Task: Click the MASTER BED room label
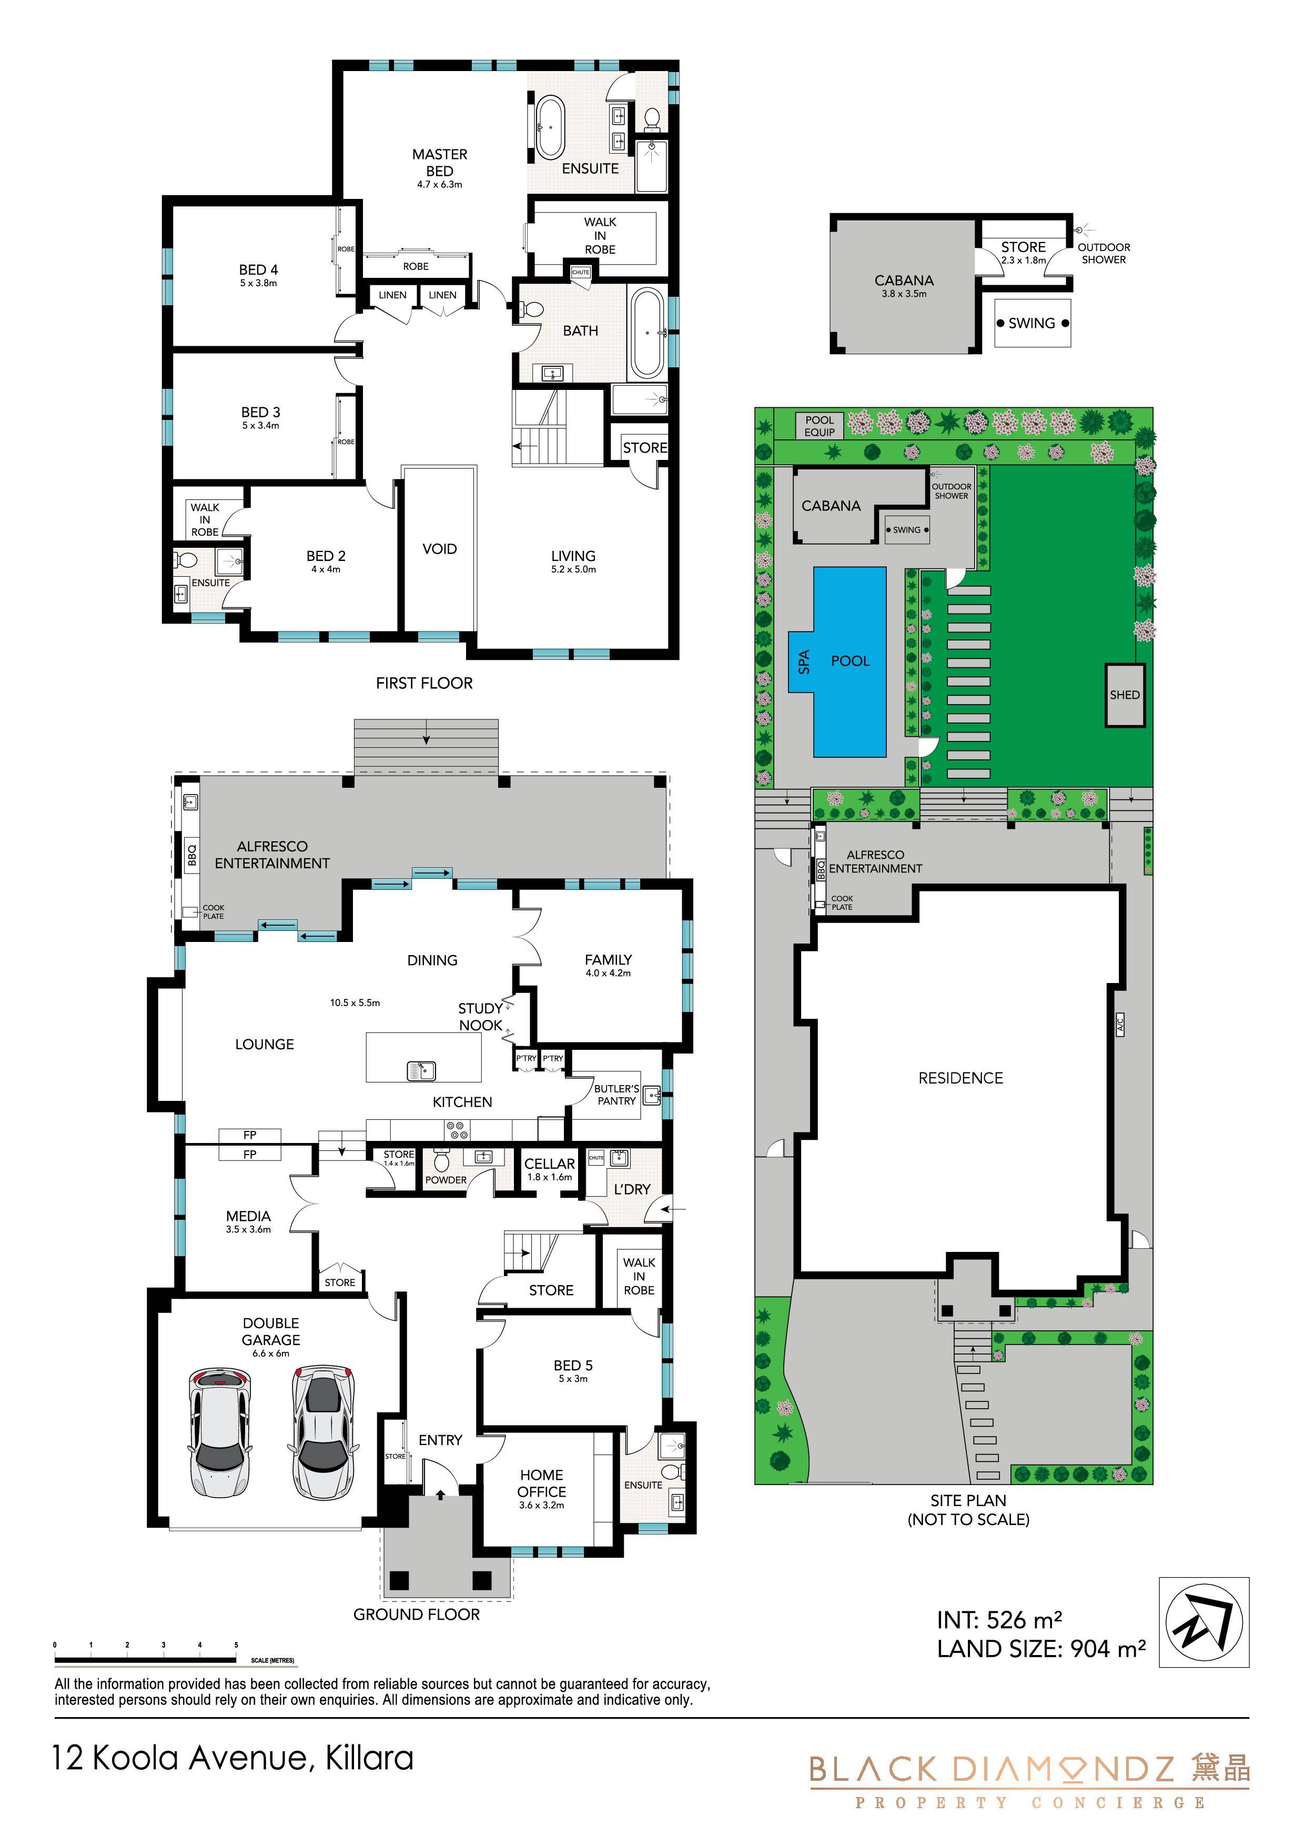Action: (x=439, y=162)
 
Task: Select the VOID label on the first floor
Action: (x=439, y=549)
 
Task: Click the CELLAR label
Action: (x=550, y=1164)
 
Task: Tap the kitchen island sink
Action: (x=422, y=1071)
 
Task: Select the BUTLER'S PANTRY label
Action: (x=617, y=1095)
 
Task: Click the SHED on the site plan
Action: (x=1125, y=695)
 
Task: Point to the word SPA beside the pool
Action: (x=803, y=661)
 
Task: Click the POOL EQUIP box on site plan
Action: (x=820, y=426)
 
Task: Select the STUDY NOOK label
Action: (x=480, y=1017)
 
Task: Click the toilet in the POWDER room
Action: (x=442, y=1161)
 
